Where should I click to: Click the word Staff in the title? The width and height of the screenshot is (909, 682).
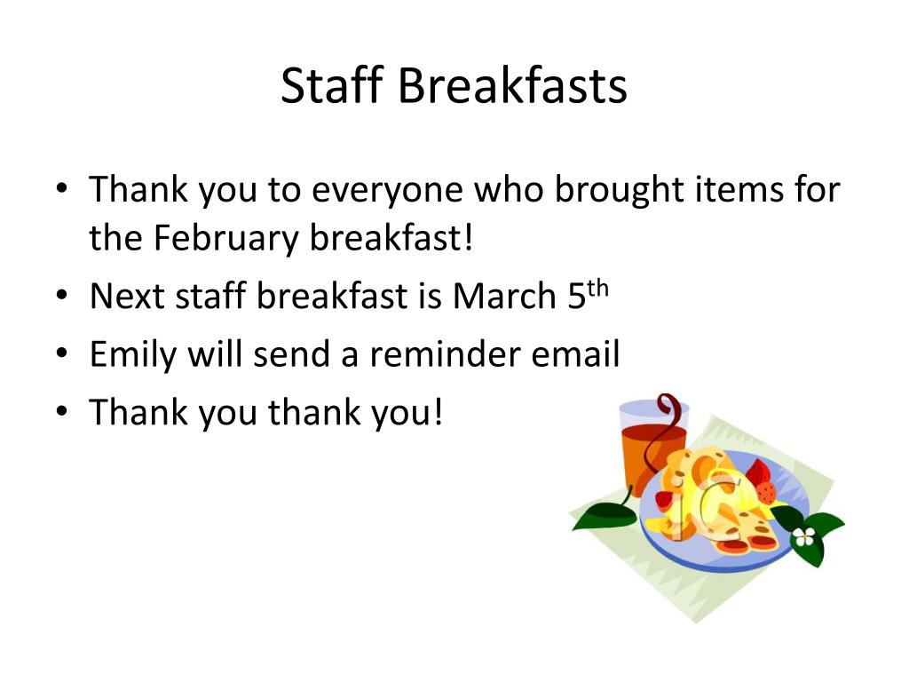click(330, 87)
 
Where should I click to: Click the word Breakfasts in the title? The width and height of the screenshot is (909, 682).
click(511, 87)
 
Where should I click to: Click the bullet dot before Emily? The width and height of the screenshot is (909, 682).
click(60, 353)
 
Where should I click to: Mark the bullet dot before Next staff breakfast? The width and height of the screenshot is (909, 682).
click(60, 295)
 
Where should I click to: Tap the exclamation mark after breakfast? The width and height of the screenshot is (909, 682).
click(470, 238)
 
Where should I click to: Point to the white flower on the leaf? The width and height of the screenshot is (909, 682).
click(804, 536)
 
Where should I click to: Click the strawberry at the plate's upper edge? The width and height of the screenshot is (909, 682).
click(761, 480)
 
